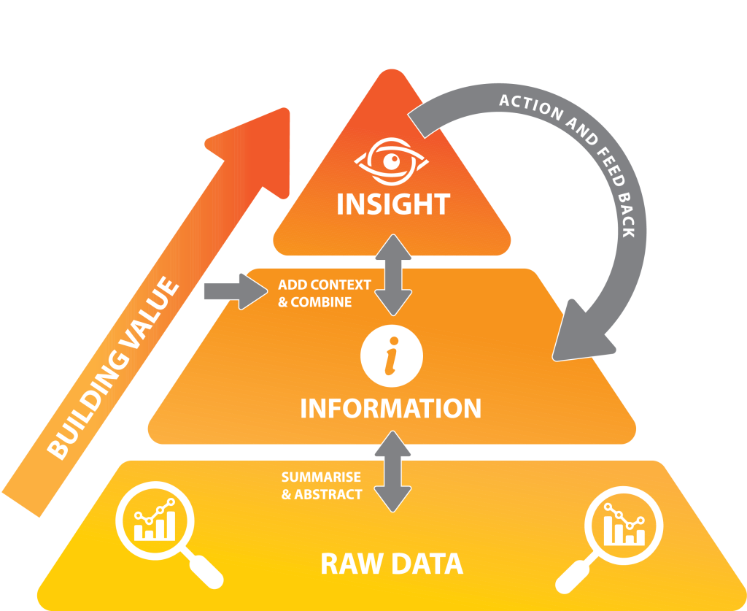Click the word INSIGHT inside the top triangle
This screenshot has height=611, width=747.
pyautogui.click(x=392, y=204)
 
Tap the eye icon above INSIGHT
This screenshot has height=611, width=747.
pyautogui.click(x=392, y=161)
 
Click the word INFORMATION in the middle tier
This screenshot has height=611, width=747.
pyautogui.click(x=391, y=408)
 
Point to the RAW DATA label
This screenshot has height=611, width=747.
pyautogui.click(x=392, y=564)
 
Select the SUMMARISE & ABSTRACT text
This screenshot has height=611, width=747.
pyautogui.click(x=322, y=485)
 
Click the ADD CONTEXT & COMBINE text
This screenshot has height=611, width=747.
pyautogui.click(x=324, y=293)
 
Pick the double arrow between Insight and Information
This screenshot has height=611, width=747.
pyautogui.click(x=393, y=274)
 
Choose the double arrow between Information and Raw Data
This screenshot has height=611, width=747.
pyautogui.click(x=393, y=471)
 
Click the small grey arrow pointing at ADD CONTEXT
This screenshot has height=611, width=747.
pyautogui.click(x=234, y=292)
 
